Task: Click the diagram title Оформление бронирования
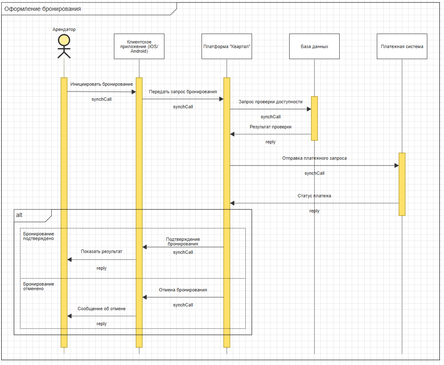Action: tap(43, 9)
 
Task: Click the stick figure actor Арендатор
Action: tap(64, 46)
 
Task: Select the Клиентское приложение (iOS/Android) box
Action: tap(139, 46)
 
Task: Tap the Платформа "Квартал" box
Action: tap(227, 46)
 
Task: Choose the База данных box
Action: tap(314, 46)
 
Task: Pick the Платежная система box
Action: tap(402, 46)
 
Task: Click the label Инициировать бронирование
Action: tap(101, 84)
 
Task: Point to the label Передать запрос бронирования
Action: tap(183, 92)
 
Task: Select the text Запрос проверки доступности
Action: tap(270, 102)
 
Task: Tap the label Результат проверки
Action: tap(270, 126)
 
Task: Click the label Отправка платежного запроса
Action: tap(314, 158)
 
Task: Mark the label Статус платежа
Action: tap(314, 196)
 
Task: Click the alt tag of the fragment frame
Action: tap(19, 215)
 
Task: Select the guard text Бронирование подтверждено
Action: tap(38, 236)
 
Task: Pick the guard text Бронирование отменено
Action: tap(38, 286)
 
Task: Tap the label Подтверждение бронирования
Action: tap(183, 241)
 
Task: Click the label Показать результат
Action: tap(101, 252)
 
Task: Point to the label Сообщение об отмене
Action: tap(101, 309)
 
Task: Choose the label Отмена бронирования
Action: tap(183, 290)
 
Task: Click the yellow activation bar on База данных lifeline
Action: tap(314, 118)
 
